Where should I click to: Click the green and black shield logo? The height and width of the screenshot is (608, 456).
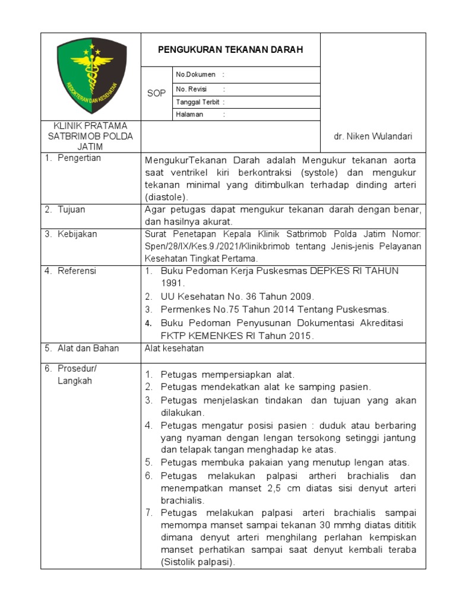click(91, 75)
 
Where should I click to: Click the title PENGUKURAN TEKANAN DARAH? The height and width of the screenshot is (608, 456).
click(230, 50)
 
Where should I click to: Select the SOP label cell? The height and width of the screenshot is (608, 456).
click(156, 94)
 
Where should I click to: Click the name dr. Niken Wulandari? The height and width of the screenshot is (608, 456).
click(373, 137)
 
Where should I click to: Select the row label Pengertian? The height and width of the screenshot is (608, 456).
click(79, 158)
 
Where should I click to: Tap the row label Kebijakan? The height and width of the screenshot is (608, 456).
click(77, 234)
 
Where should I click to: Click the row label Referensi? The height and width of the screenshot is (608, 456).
click(77, 271)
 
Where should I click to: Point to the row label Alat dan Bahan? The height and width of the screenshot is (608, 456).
click(88, 348)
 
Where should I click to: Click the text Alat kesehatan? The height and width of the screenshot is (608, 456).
click(174, 349)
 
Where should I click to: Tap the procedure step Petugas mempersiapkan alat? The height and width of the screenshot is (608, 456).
click(227, 375)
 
